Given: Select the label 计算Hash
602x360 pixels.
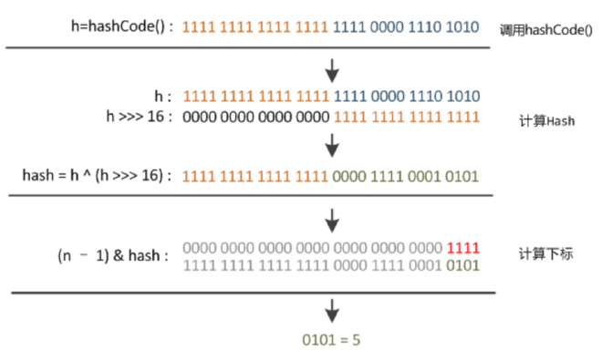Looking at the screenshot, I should pyautogui.click(x=545, y=120).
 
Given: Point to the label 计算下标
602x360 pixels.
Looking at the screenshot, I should pyautogui.click(x=545, y=254).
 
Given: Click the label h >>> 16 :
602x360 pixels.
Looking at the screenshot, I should pyautogui.click(x=135, y=116).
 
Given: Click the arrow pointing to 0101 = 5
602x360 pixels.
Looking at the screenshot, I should pyautogui.click(x=333, y=309).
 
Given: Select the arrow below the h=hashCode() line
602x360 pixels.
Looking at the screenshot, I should pyautogui.click(x=333, y=69).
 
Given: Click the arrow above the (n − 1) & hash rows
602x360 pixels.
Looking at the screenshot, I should pyautogui.click(x=333, y=219).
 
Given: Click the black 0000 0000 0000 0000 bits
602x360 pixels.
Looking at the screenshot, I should pyautogui.click(x=256, y=116).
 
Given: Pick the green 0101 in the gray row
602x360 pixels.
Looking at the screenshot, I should pyautogui.click(x=463, y=264).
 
